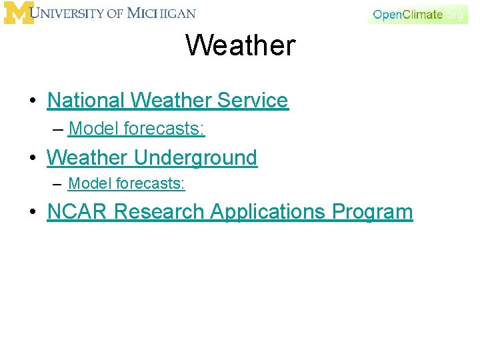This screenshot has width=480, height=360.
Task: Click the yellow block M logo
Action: point(19,13)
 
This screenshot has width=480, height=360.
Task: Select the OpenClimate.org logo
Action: point(417,14)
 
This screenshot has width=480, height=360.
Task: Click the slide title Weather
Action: point(240,45)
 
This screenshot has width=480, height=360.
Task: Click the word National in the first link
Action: point(86,101)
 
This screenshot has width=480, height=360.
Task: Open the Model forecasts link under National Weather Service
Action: point(137,129)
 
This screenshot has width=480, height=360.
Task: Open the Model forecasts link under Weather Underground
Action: point(126,183)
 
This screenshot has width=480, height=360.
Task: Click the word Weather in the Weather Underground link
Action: point(87,158)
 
